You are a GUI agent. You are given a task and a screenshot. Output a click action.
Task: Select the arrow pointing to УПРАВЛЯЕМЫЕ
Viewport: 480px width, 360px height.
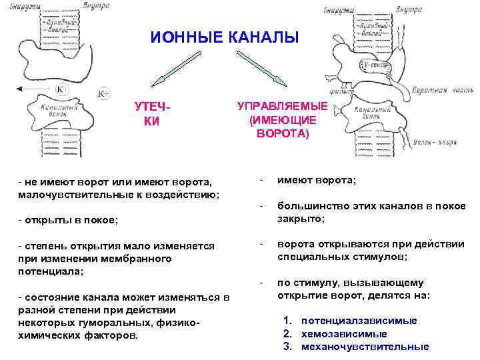(263, 69)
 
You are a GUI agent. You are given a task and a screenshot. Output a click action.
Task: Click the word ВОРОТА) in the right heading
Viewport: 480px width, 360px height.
(282, 133)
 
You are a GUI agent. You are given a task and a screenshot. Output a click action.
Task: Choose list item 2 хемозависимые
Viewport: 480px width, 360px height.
(344, 333)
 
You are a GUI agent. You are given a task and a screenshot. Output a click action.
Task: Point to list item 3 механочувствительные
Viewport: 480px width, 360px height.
(365, 347)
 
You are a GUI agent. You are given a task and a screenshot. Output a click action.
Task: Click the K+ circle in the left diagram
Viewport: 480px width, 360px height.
(104, 93)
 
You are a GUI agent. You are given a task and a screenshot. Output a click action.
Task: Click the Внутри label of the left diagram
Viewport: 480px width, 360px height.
(97, 6)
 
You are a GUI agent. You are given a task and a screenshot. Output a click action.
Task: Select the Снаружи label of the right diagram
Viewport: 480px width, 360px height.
(337, 9)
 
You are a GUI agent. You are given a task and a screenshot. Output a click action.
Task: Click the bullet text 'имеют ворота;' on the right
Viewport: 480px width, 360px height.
(317, 181)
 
